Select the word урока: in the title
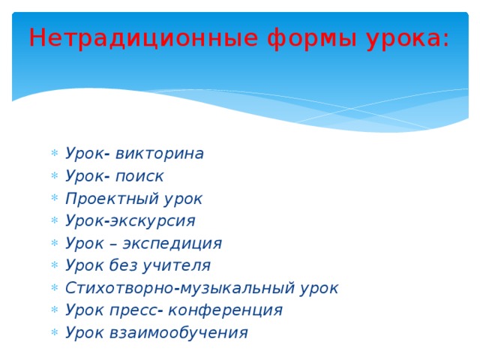[409, 37]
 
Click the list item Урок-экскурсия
[130, 221]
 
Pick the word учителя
[179, 265]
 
